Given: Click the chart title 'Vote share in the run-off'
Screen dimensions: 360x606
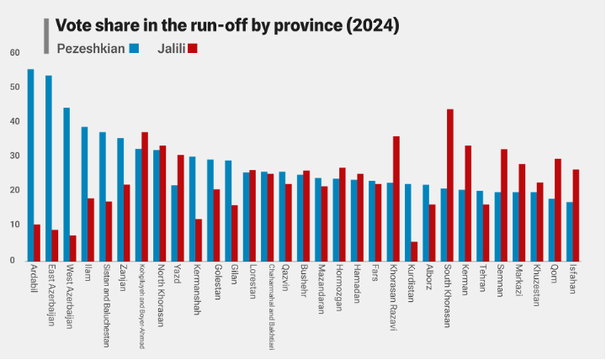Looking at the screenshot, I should coord(226,25).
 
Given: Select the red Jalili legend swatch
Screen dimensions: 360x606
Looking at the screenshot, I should coord(193,49).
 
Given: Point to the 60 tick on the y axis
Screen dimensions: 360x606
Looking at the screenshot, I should coord(13,52).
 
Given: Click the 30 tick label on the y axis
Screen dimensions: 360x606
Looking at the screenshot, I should coord(13,156).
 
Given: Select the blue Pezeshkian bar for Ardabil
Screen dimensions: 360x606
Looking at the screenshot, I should coord(31,165).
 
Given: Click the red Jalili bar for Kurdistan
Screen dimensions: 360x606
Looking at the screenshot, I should coord(414,251).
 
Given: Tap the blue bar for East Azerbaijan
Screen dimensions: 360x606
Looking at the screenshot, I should coord(49,168).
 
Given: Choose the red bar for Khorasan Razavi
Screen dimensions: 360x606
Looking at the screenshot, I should coord(396,199).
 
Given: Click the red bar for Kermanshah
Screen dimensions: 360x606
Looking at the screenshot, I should coord(199,240).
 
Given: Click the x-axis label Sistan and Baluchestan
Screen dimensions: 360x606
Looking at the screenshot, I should coord(106,306).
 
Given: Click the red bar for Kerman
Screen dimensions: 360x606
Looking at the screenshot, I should coord(468,203).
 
